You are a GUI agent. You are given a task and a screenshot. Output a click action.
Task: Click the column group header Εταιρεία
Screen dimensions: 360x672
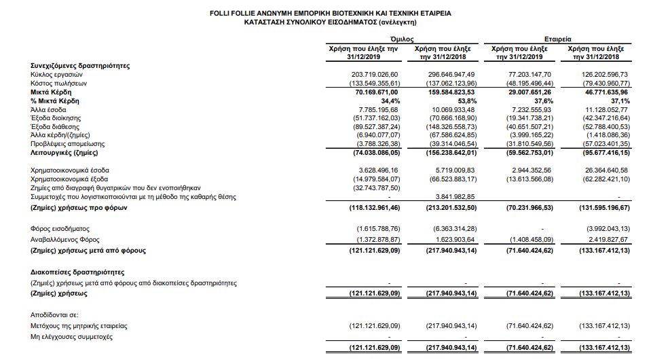coord(557,40)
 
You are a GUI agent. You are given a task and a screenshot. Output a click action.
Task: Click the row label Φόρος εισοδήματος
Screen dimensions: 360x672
coord(60,229)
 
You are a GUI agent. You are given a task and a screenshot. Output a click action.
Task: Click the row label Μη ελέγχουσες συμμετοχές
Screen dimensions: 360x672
coord(71,336)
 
